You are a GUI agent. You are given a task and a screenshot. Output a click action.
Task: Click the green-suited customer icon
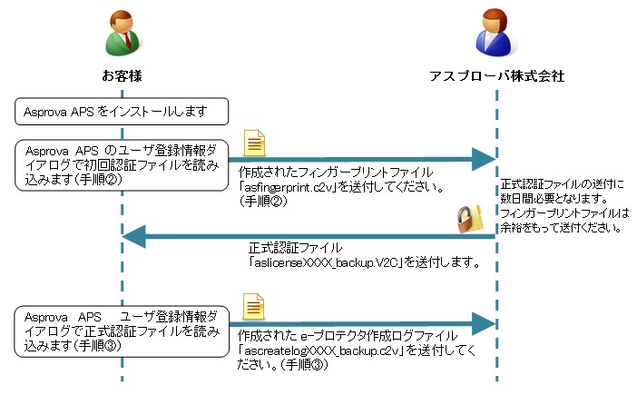tap(122, 33)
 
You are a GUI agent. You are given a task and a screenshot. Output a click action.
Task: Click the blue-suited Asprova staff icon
tap(495, 33)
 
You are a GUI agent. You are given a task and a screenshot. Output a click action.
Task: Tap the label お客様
tap(122, 76)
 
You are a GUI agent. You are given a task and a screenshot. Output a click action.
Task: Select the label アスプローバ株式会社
tap(497, 76)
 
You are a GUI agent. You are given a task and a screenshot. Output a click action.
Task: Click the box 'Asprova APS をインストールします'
tap(122, 112)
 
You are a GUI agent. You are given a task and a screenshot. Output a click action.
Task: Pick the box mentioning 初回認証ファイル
tap(122, 165)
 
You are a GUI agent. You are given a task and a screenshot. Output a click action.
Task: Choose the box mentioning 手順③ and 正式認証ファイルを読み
tap(122, 331)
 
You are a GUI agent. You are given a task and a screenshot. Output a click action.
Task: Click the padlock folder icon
tap(470, 219)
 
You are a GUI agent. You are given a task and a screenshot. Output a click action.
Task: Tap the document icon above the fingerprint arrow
tap(254, 143)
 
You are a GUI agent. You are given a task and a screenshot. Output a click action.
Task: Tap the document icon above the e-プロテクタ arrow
tap(253, 306)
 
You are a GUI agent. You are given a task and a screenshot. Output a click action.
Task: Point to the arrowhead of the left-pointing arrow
tap(134, 236)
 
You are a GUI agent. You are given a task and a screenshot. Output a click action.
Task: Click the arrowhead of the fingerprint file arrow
tap(484, 159)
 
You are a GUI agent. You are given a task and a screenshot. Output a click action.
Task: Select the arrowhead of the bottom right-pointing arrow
tap(484, 323)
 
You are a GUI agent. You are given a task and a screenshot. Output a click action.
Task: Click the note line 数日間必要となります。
tap(554, 199)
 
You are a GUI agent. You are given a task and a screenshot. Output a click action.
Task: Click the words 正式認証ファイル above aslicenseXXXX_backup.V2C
tap(295, 248)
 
